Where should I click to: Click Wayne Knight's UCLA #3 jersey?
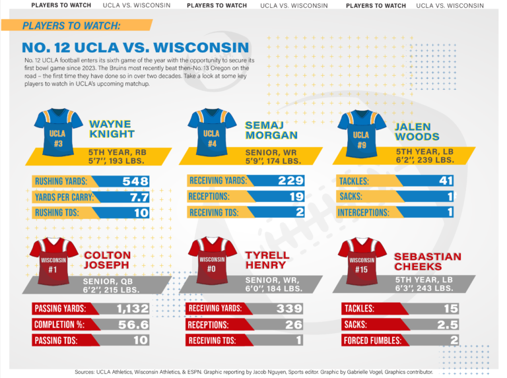coord(58,133)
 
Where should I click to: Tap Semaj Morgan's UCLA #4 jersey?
coord(212,133)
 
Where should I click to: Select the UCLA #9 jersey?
coord(362,134)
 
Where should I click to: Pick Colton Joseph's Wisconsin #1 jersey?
coord(53,261)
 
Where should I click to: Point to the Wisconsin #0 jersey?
coord(212,261)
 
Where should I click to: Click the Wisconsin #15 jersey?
coord(362,261)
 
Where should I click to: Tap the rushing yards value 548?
coord(135,181)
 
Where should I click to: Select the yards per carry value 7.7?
coord(139,197)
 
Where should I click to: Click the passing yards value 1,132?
coord(133,309)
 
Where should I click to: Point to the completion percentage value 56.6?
coord(133,325)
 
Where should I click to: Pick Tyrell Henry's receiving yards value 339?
coord(289,309)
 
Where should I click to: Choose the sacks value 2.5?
coord(448,325)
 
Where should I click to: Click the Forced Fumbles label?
coord(372,340)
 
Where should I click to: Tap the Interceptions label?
coord(364,212)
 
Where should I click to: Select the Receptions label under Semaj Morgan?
coord(209,197)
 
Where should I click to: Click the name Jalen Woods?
coord(417,131)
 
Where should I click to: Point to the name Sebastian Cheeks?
coord(428,261)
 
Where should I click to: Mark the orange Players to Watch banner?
coord(77,25)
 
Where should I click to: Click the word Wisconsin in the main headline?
coord(201,47)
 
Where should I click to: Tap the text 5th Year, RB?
coord(118,152)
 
